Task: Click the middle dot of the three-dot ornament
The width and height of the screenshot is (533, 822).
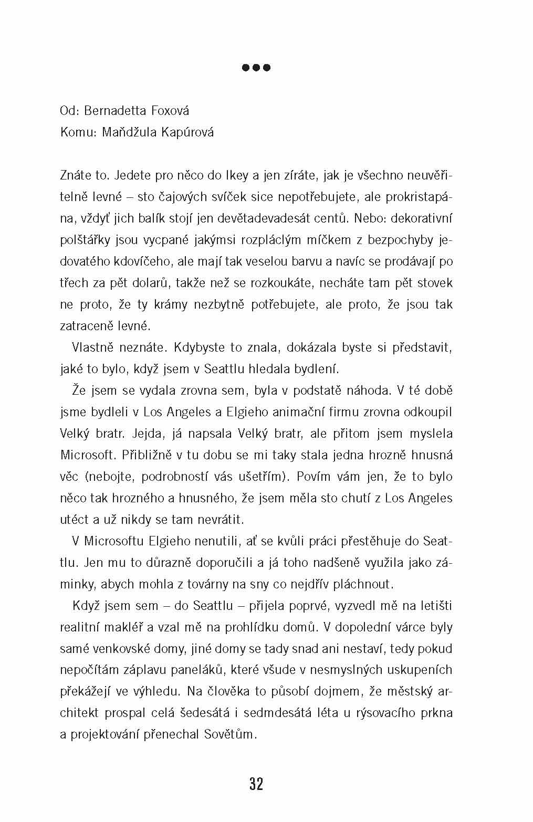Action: point(256,68)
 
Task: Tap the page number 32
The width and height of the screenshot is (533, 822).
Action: point(256,784)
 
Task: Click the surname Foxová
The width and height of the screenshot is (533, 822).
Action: point(170,111)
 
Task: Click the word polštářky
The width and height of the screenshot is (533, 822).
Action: point(83,240)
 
